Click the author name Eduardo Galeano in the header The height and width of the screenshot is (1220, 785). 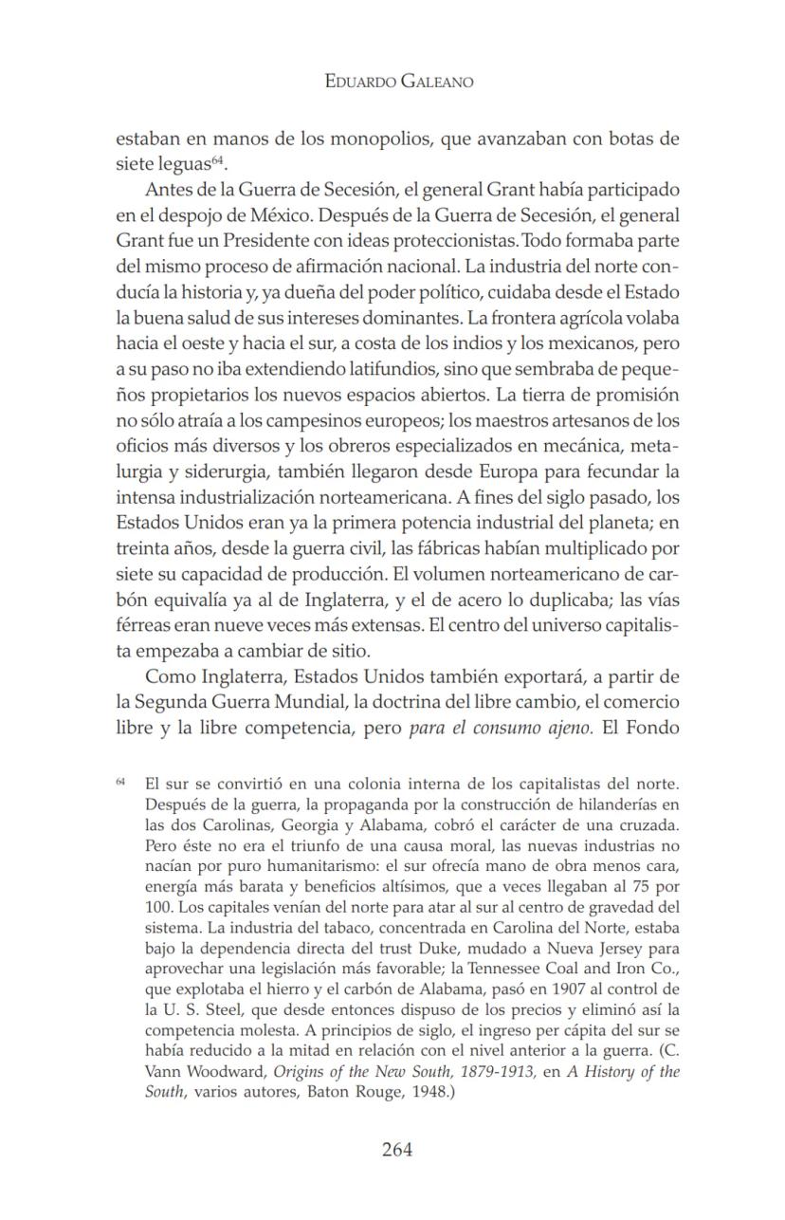tap(398, 82)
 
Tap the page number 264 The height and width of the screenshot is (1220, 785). tap(397, 1150)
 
